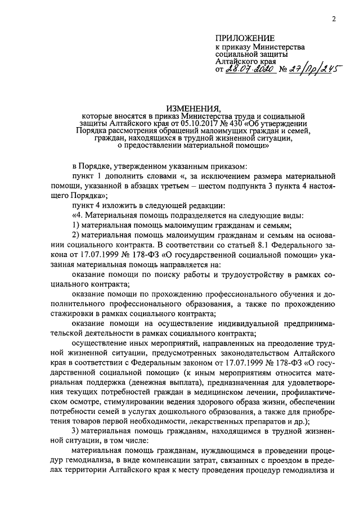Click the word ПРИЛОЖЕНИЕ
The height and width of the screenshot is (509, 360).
pos(242,37)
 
